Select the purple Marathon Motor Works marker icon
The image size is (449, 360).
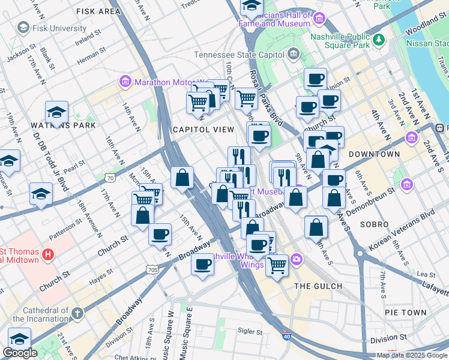coord(125,81)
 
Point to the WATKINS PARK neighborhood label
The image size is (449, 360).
coord(59,125)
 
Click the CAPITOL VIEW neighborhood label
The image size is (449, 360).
coord(203,130)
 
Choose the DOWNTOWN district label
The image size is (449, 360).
coord(374,154)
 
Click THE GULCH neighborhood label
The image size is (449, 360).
coord(318,286)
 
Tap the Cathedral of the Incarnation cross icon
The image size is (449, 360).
coord(77,313)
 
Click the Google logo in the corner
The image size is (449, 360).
coord(19,353)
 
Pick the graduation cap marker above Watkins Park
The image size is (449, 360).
coord(56,112)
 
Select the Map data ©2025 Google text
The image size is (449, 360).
coord(411,355)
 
